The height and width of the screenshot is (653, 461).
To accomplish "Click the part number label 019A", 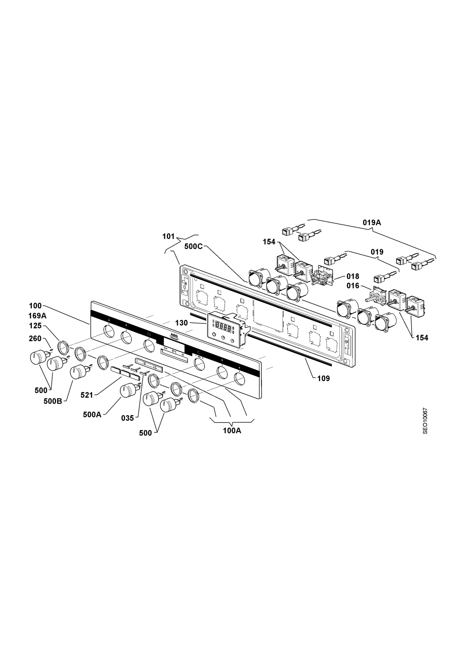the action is click(372, 222).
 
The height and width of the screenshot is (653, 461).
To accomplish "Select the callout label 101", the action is click(168, 236).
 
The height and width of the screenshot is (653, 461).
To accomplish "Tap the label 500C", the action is click(194, 246).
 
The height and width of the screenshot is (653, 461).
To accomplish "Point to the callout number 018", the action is click(353, 276).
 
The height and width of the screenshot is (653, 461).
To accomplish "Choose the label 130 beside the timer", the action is click(181, 323).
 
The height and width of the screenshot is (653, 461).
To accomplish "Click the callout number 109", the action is click(323, 378).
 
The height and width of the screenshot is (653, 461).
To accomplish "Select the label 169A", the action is click(38, 316).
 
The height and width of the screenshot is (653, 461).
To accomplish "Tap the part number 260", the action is click(35, 338).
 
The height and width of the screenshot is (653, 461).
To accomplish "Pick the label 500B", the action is click(53, 401).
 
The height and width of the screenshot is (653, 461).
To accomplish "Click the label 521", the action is click(87, 395).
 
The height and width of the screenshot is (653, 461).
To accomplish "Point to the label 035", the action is click(127, 418).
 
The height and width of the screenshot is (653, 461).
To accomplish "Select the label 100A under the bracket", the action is click(232, 431).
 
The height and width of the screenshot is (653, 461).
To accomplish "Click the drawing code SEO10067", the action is click(425, 421).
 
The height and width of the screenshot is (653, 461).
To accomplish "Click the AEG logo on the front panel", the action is click(174, 335).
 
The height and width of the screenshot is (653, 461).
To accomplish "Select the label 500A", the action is click(92, 415).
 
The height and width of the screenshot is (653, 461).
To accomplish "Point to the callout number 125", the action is click(35, 326).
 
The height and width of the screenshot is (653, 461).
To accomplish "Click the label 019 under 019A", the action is click(377, 252).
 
